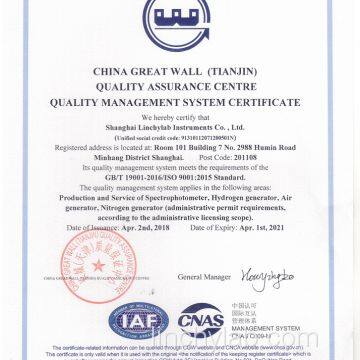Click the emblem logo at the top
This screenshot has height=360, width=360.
(x=181, y=23)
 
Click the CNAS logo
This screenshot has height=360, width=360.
(x=226, y=318)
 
